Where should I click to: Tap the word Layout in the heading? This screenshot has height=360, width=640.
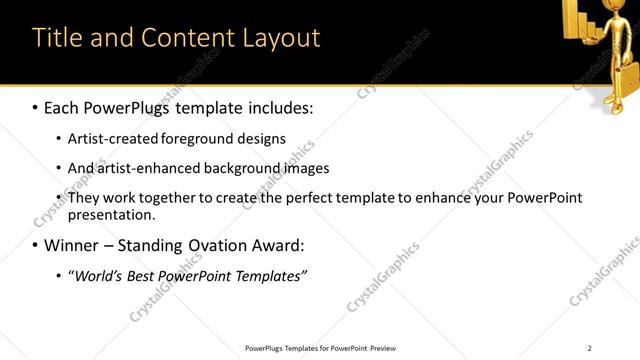click(277, 38)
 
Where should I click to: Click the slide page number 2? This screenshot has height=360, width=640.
click(590, 348)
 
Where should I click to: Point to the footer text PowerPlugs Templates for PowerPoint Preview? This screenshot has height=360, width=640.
click(320, 348)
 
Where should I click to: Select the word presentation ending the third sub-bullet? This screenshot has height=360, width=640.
click(111, 214)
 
